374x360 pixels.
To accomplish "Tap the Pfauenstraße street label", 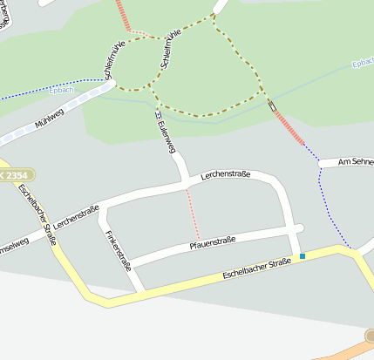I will pyautogui.click(x=213, y=243).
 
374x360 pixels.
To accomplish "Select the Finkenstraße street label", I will pyautogui.click(x=119, y=250).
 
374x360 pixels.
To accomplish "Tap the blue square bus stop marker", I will pyautogui.click(x=303, y=255).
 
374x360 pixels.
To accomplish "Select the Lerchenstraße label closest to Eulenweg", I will pyautogui.click(x=225, y=176).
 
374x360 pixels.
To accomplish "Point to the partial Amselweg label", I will pyautogui.click(x=14, y=243).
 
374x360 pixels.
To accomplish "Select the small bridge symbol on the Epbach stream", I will pyautogui.click(x=271, y=105).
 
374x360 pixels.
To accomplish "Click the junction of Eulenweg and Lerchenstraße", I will pyautogui.click(x=185, y=182).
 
